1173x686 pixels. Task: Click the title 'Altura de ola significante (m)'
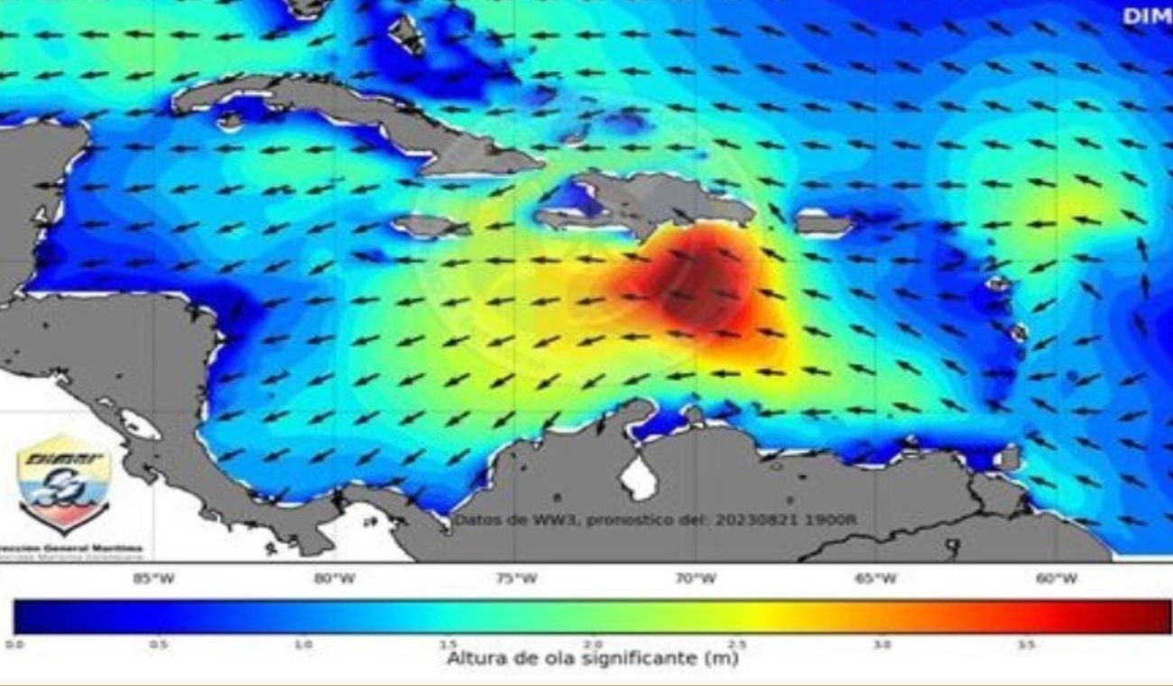[592, 659]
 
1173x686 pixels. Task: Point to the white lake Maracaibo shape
[641, 477]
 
